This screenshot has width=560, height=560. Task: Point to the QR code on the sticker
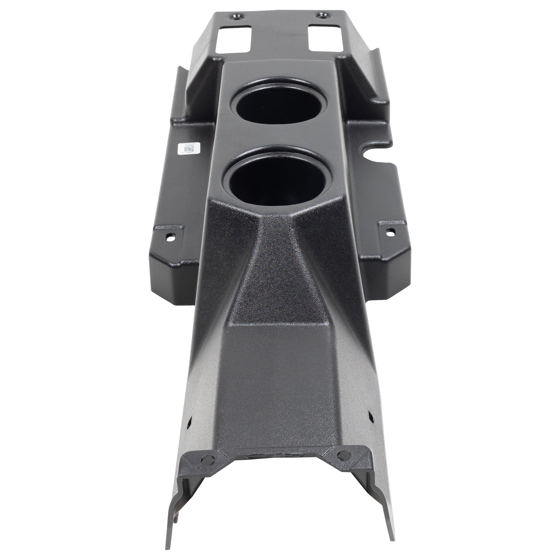[187, 149]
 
